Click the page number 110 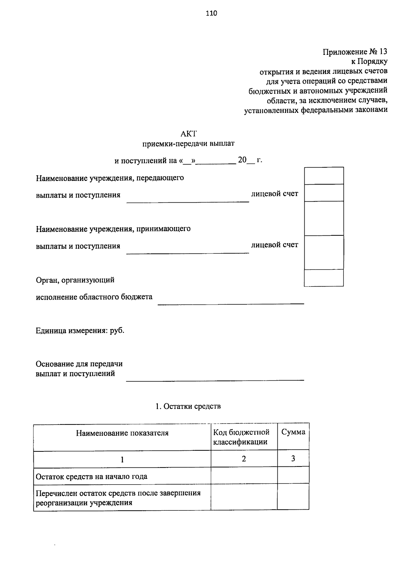(x=211, y=14)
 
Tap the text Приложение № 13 (x=355, y=52)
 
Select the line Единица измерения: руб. (x=80, y=331)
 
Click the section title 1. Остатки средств (x=188, y=406)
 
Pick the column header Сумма (x=293, y=432)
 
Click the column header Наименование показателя (x=122, y=433)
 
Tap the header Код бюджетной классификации (x=241, y=437)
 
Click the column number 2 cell (x=244, y=459)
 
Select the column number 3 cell (x=293, y=459)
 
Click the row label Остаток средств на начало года (x=92, y=476)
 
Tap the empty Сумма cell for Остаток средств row (x=293, y=476)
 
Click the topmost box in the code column (x=323, y=176)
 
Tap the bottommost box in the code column (x=323, y=278)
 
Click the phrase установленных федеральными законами (x=316, y=110)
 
